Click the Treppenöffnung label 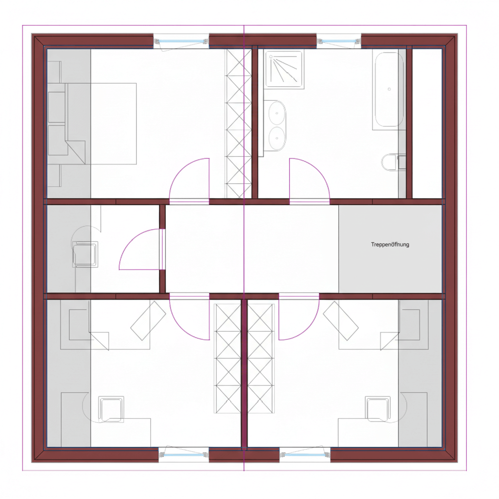click(390, 245)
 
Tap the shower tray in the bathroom click(284, 69)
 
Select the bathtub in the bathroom click(389, 89)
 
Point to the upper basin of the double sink click(277, 113)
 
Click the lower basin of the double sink click(277, 138)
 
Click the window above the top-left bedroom click(181, 41)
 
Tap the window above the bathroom click(339, 41)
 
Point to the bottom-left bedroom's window click(184, 455)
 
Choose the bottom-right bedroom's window click(305, 455)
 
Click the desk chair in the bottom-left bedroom click(111, 409)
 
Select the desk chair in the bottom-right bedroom click(378, 409)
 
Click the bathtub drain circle click(389, 89)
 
